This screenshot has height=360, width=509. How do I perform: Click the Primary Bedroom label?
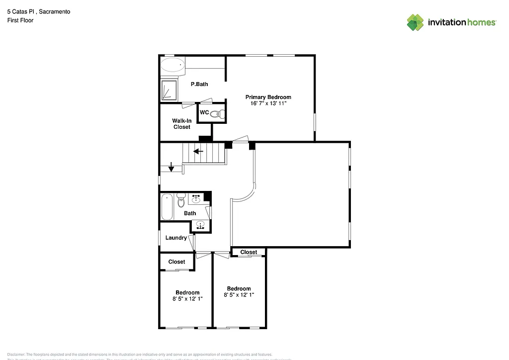tap(268, 97)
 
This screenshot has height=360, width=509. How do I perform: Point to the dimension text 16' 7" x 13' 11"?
tap(268, 103)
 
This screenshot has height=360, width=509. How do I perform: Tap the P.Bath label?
tap(199, 84)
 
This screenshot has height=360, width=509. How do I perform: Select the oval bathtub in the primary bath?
tap(172, 65)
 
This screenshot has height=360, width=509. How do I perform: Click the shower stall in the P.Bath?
tap(169, 90)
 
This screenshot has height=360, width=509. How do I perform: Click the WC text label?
tap(204, 112)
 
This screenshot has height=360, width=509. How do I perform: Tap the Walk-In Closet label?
tap(181, 124)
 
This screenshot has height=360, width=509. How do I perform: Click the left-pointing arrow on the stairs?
tap(198, 151)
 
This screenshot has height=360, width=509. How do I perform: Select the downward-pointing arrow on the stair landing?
tap(171, 168)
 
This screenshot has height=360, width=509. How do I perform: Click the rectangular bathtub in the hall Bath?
tap(167, 207)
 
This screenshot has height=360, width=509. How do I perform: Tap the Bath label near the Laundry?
tap(190, 213)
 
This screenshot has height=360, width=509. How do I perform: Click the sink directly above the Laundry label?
tap(200, 225)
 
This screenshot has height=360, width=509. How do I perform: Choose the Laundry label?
tap(176, 238)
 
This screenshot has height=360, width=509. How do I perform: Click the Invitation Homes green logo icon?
tap(416, 22)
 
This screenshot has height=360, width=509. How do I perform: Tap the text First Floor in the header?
tap(20, 20)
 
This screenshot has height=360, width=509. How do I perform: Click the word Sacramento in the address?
tap(54, 11)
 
